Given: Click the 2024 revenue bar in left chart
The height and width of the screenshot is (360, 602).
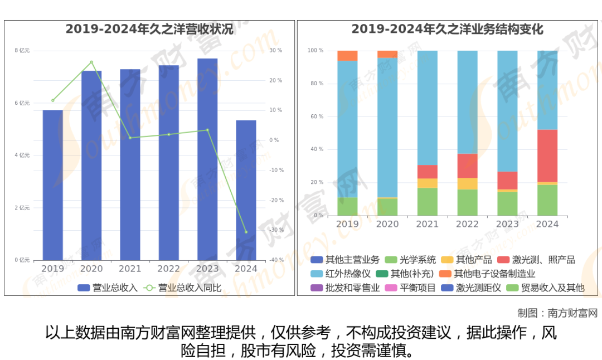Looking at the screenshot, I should pos(246,190).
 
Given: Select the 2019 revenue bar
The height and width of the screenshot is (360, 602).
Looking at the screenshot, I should pos(53,185).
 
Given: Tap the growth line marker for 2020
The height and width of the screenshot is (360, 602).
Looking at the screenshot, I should pos(91,62).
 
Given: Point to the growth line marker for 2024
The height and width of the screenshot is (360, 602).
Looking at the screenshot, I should pos(246,232).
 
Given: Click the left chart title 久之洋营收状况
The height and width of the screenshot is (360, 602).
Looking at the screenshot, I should pos(149,30).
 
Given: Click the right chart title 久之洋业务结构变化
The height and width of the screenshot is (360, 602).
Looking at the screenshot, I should pos(447,30).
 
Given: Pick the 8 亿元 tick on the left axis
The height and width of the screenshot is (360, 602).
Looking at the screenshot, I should pos(22,51).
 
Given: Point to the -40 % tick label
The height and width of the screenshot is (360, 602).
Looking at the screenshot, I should pos(276,260).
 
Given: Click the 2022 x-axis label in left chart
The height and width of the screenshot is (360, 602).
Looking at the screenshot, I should pos(169,269).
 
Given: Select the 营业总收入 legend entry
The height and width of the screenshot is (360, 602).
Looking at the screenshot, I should pos(108,288).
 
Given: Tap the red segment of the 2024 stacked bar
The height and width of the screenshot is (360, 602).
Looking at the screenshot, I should pos(547,155).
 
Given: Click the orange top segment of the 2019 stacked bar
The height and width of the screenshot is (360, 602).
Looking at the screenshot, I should pos(347,56).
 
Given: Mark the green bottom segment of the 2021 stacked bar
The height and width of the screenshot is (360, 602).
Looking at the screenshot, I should pos(428,202).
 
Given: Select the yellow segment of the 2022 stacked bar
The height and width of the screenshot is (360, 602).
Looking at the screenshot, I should pos(468,183).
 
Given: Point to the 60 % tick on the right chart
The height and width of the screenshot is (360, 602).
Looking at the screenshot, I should pos(316,116).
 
